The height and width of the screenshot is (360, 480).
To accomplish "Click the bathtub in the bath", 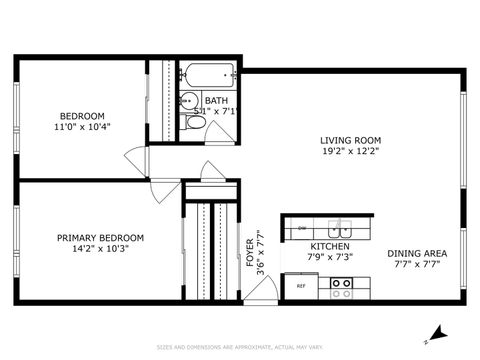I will click(x=209, y=74).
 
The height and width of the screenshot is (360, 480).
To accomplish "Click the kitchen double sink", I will click(x=342, y=227).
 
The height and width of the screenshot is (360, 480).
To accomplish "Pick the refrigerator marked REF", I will click(x=300, y=286).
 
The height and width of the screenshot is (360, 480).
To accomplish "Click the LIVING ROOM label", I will click(x=350, y=140).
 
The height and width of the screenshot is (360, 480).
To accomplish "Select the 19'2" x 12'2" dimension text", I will click(x=350, y=152).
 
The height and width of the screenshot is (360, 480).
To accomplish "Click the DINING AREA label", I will click(x=417, y=253).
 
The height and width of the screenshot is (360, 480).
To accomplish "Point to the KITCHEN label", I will click(x=329, y=246).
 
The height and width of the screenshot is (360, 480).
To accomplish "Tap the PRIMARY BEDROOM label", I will click(x=100, y=237).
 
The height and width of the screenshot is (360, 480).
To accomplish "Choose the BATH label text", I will click(x=216, y=100).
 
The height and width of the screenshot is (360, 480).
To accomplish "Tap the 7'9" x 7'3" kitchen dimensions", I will click(x=329, y=257).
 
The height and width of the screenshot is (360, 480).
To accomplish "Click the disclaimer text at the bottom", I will click(x=240, y=349).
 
